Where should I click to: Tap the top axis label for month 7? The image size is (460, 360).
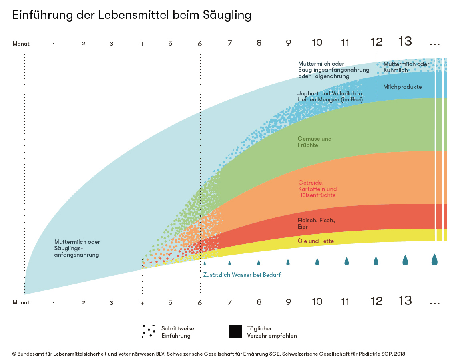click(x=230, y=43)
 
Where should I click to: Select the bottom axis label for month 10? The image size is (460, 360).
click(x=317, y=302)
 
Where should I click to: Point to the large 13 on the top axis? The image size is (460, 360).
click(x=405, y=41)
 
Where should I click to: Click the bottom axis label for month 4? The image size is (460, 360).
click(x=142, y=302)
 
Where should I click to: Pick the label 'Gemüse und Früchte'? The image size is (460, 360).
click(x=315, y=142)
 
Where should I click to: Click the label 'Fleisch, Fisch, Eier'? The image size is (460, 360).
click(x=316, y=223)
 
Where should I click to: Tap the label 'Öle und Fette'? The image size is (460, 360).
click(x=315, y=241)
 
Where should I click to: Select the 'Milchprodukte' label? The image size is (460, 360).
click(x=402, y=87)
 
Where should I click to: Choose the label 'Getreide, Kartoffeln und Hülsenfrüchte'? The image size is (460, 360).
click(x=317, y=189)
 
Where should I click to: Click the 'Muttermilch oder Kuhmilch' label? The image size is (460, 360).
click(x=406, y=67)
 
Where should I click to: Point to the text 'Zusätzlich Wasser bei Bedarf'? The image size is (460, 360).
click(x=242, y=275)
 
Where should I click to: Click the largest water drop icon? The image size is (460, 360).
click(x=434, y=259)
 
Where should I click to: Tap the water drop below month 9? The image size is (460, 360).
click(x=288, y=263)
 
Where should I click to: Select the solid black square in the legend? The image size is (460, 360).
click(x=236, y=332)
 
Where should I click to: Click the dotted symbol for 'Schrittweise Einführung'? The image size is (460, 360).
click(x=148, y=331)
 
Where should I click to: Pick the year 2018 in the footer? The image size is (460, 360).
click(x=399, y=354)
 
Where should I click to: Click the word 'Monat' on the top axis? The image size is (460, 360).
click(x=21, y=44)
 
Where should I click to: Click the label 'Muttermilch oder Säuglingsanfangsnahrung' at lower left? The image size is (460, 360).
click(x=77, y=248)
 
